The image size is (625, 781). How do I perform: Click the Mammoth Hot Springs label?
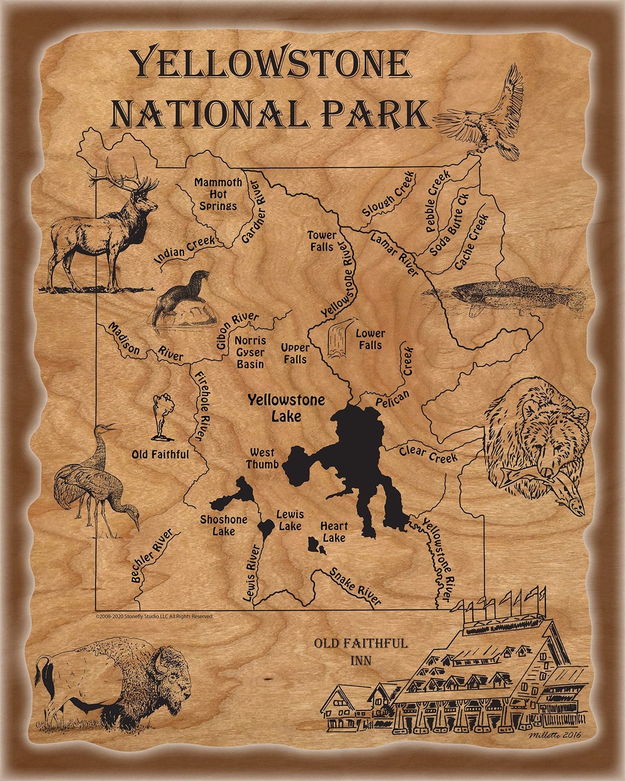218,194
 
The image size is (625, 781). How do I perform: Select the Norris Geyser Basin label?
250,352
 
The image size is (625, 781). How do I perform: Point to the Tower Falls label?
321,241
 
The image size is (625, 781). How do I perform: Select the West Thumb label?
262,458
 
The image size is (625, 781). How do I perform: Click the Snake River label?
355,586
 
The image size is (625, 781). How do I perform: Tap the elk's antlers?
124,174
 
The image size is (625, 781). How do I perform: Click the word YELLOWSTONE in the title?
270,64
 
